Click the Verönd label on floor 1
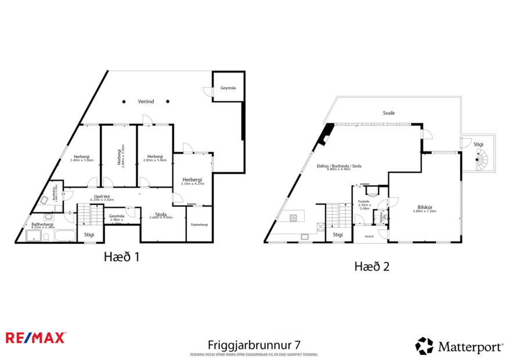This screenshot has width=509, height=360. [146, 101]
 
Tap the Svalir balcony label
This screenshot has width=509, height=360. [388, 114]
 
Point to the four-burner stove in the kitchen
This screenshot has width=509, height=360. [294, 218]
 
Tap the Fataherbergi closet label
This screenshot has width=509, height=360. [199, 224]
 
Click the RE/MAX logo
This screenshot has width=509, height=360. [35, 337]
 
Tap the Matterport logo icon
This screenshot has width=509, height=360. [424, 346]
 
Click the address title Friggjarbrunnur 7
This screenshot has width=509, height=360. [254, 344]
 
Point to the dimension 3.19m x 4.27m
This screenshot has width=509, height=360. [192, 183]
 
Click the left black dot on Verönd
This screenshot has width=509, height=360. [124, 102]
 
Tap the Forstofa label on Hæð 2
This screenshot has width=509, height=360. [364, 201]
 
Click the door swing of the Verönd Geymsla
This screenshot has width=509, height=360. [207, 91]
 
